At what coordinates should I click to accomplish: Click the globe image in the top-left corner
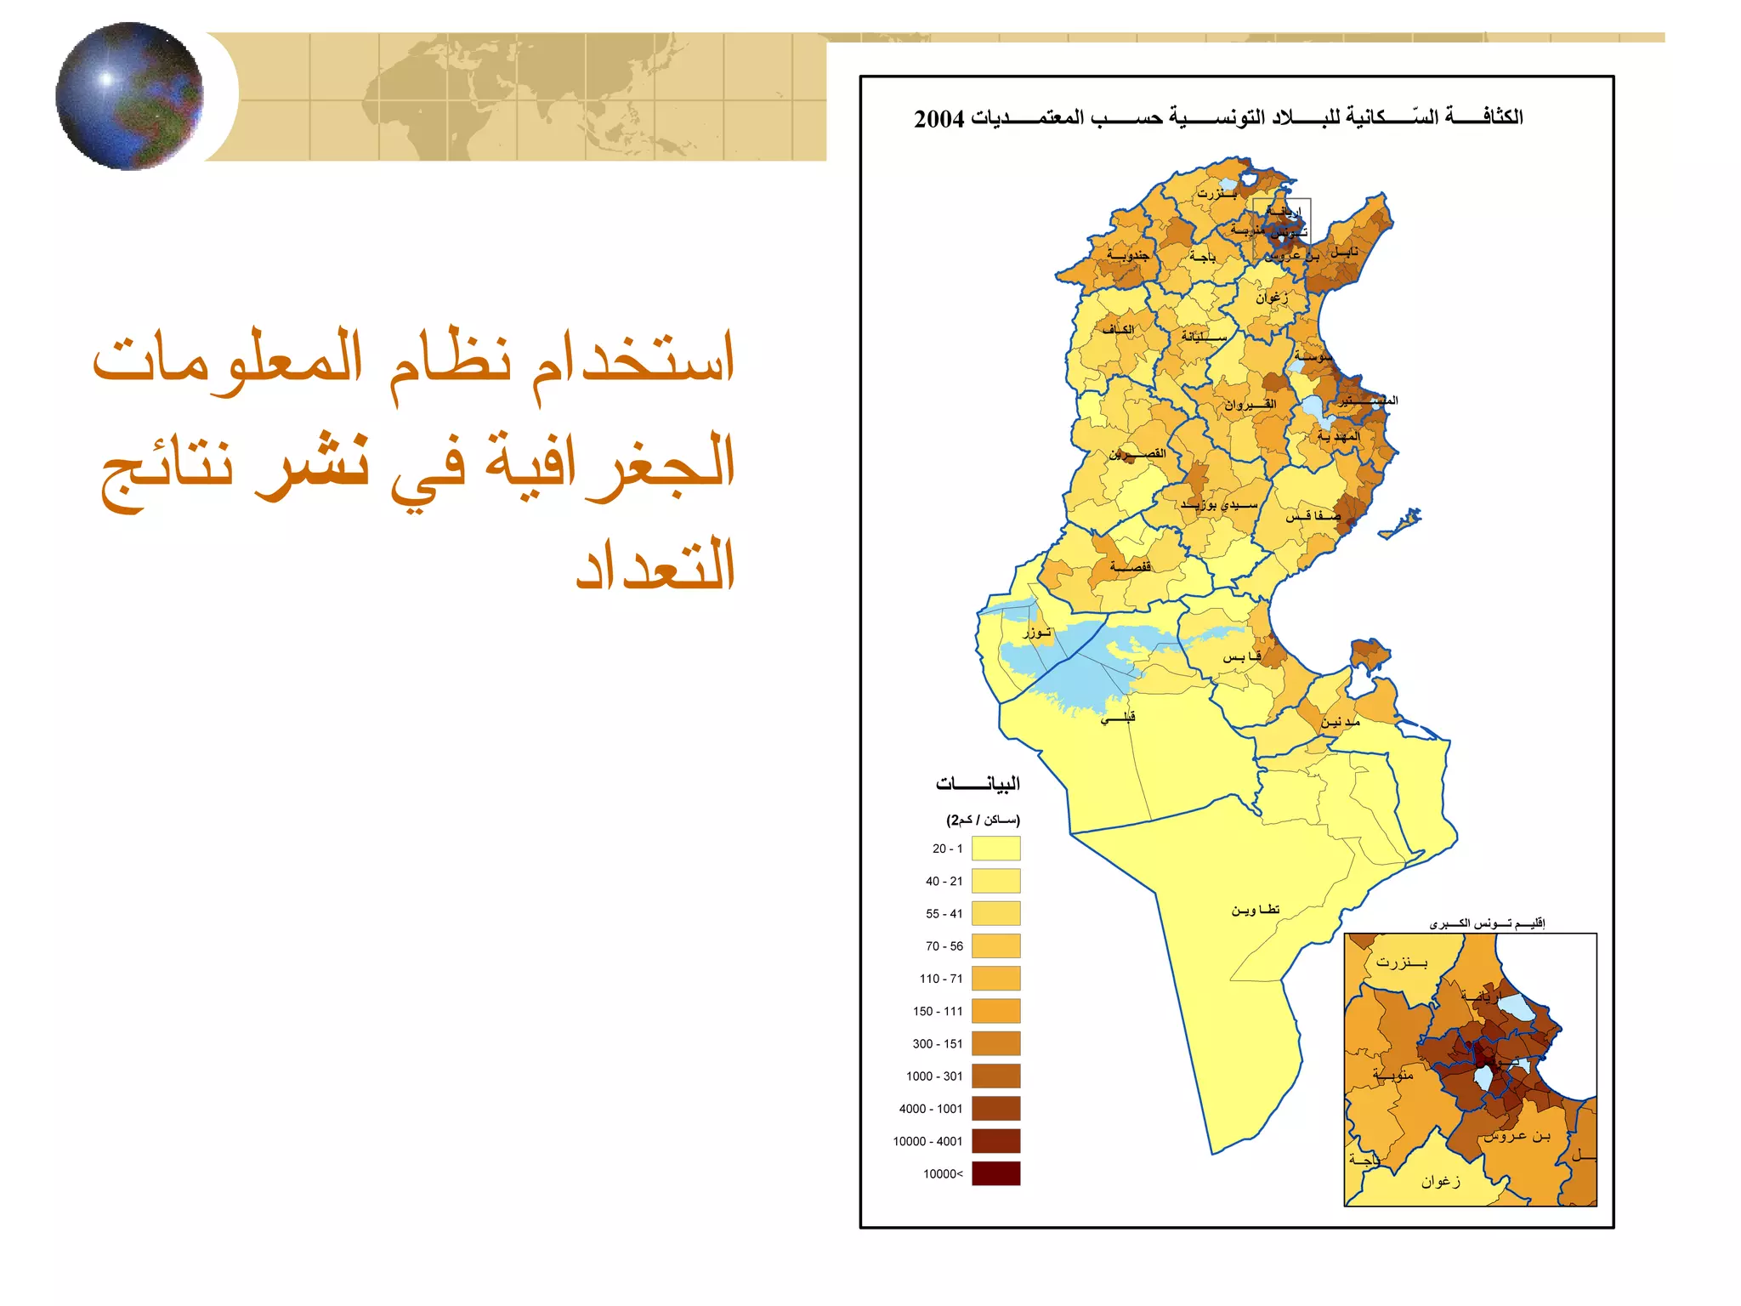[x=129, y=96]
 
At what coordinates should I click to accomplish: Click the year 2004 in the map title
[x=939, y=119]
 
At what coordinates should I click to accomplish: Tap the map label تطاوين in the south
[x=1256, y=910]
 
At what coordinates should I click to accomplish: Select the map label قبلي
[x=1118, y=718]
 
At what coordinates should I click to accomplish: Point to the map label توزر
[x=1037, y=632]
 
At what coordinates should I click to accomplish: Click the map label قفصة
[x=1131, y=566]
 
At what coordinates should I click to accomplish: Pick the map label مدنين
[x=1341, y=722]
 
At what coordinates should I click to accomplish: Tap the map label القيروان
[x=1250, y=405]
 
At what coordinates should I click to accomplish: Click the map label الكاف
[x=1118, y=330]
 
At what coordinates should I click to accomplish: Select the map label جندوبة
[x=1128, y=254]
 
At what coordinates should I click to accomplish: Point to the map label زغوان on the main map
[x=1272, y=297]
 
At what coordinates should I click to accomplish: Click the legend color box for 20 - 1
[x=995, y=849]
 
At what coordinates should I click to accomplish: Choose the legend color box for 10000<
[x=995, y=1173]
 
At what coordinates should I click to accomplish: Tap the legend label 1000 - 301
[x=934, y=1076]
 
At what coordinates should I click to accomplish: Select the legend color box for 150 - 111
[x=995, y=1011]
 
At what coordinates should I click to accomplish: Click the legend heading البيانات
[x=978, y=783]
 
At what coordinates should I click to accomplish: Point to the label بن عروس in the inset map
[x=1517, y=1136]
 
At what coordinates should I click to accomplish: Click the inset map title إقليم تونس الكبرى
[x=1487, y=923]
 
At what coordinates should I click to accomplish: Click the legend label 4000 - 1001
[x=931, y=1109]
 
